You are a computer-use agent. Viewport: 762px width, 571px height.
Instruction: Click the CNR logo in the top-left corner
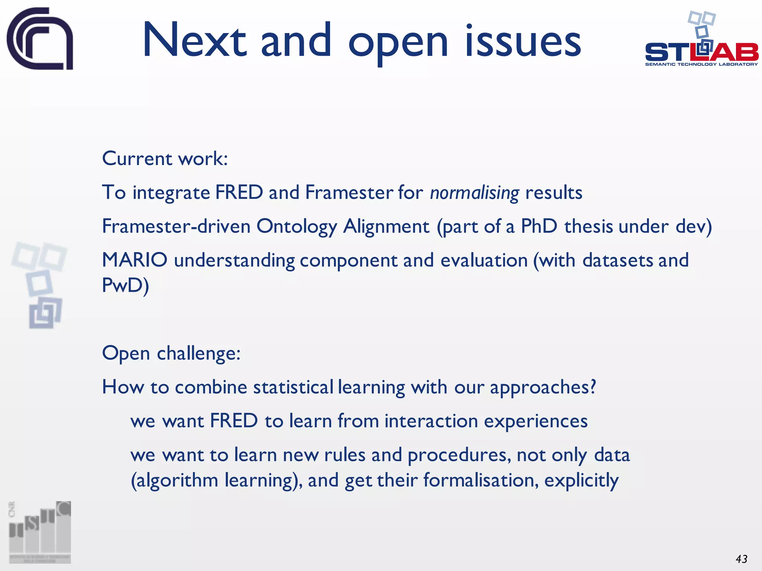point(40,38)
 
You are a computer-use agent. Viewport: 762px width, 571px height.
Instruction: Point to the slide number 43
point(741,559)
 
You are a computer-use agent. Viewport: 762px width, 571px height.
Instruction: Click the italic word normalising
point(474,193)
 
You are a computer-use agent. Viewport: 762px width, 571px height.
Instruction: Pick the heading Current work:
point(165,159)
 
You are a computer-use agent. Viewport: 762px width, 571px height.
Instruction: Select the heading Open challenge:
point(171,353)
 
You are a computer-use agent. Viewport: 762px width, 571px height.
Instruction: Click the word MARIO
point(135,260)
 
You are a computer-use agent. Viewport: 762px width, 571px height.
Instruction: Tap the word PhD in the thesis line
point(539,226)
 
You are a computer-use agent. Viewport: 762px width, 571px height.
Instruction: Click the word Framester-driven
point(176,226)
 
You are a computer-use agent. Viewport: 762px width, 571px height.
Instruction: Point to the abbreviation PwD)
point(125,285)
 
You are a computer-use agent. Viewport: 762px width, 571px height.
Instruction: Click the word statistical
point(293,387)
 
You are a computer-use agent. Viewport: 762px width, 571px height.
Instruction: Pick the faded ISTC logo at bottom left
point(40,532)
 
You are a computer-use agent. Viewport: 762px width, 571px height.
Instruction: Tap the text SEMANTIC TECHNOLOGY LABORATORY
point(701,64)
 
